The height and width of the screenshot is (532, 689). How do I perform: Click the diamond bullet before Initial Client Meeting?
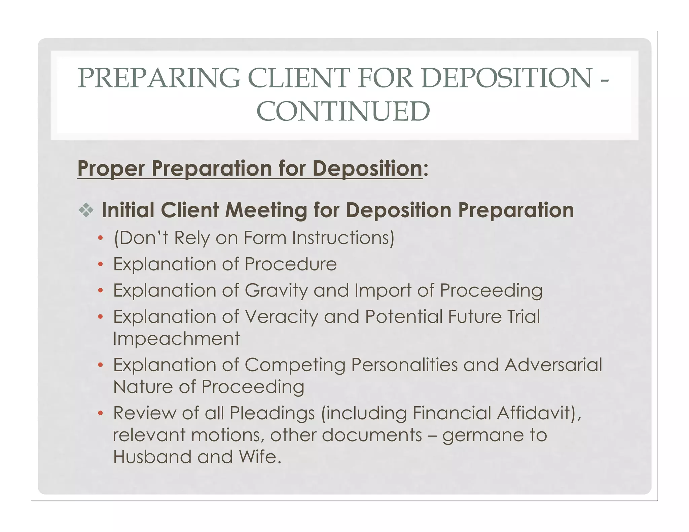pyautogui.click(x=86, y=211)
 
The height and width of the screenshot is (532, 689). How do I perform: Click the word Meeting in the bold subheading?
pyautogui.click(x=266, y=211)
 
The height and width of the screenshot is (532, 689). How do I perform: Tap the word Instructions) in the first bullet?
pyautogui.click(x=343, y=238)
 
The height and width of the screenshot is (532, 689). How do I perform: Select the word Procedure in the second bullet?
pyautogui.click(x=291, y=264)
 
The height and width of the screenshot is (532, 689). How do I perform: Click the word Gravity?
pyautogui.click(x=276, y=291)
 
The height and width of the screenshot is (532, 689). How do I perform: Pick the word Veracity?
pyautogui.click(x=281, y=317)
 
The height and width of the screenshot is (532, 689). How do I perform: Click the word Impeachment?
pyautogui.click(x=176, y=339)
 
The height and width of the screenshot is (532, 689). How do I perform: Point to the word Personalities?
pyautogui.click(x=404, y=365)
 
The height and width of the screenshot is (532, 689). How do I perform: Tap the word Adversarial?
pyautogui.click(x=553, y=365)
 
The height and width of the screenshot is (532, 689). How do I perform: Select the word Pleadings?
pyautogui.click(x=272, y=413)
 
